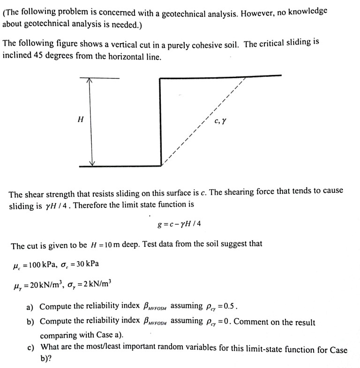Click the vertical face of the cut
pos(160,122)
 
